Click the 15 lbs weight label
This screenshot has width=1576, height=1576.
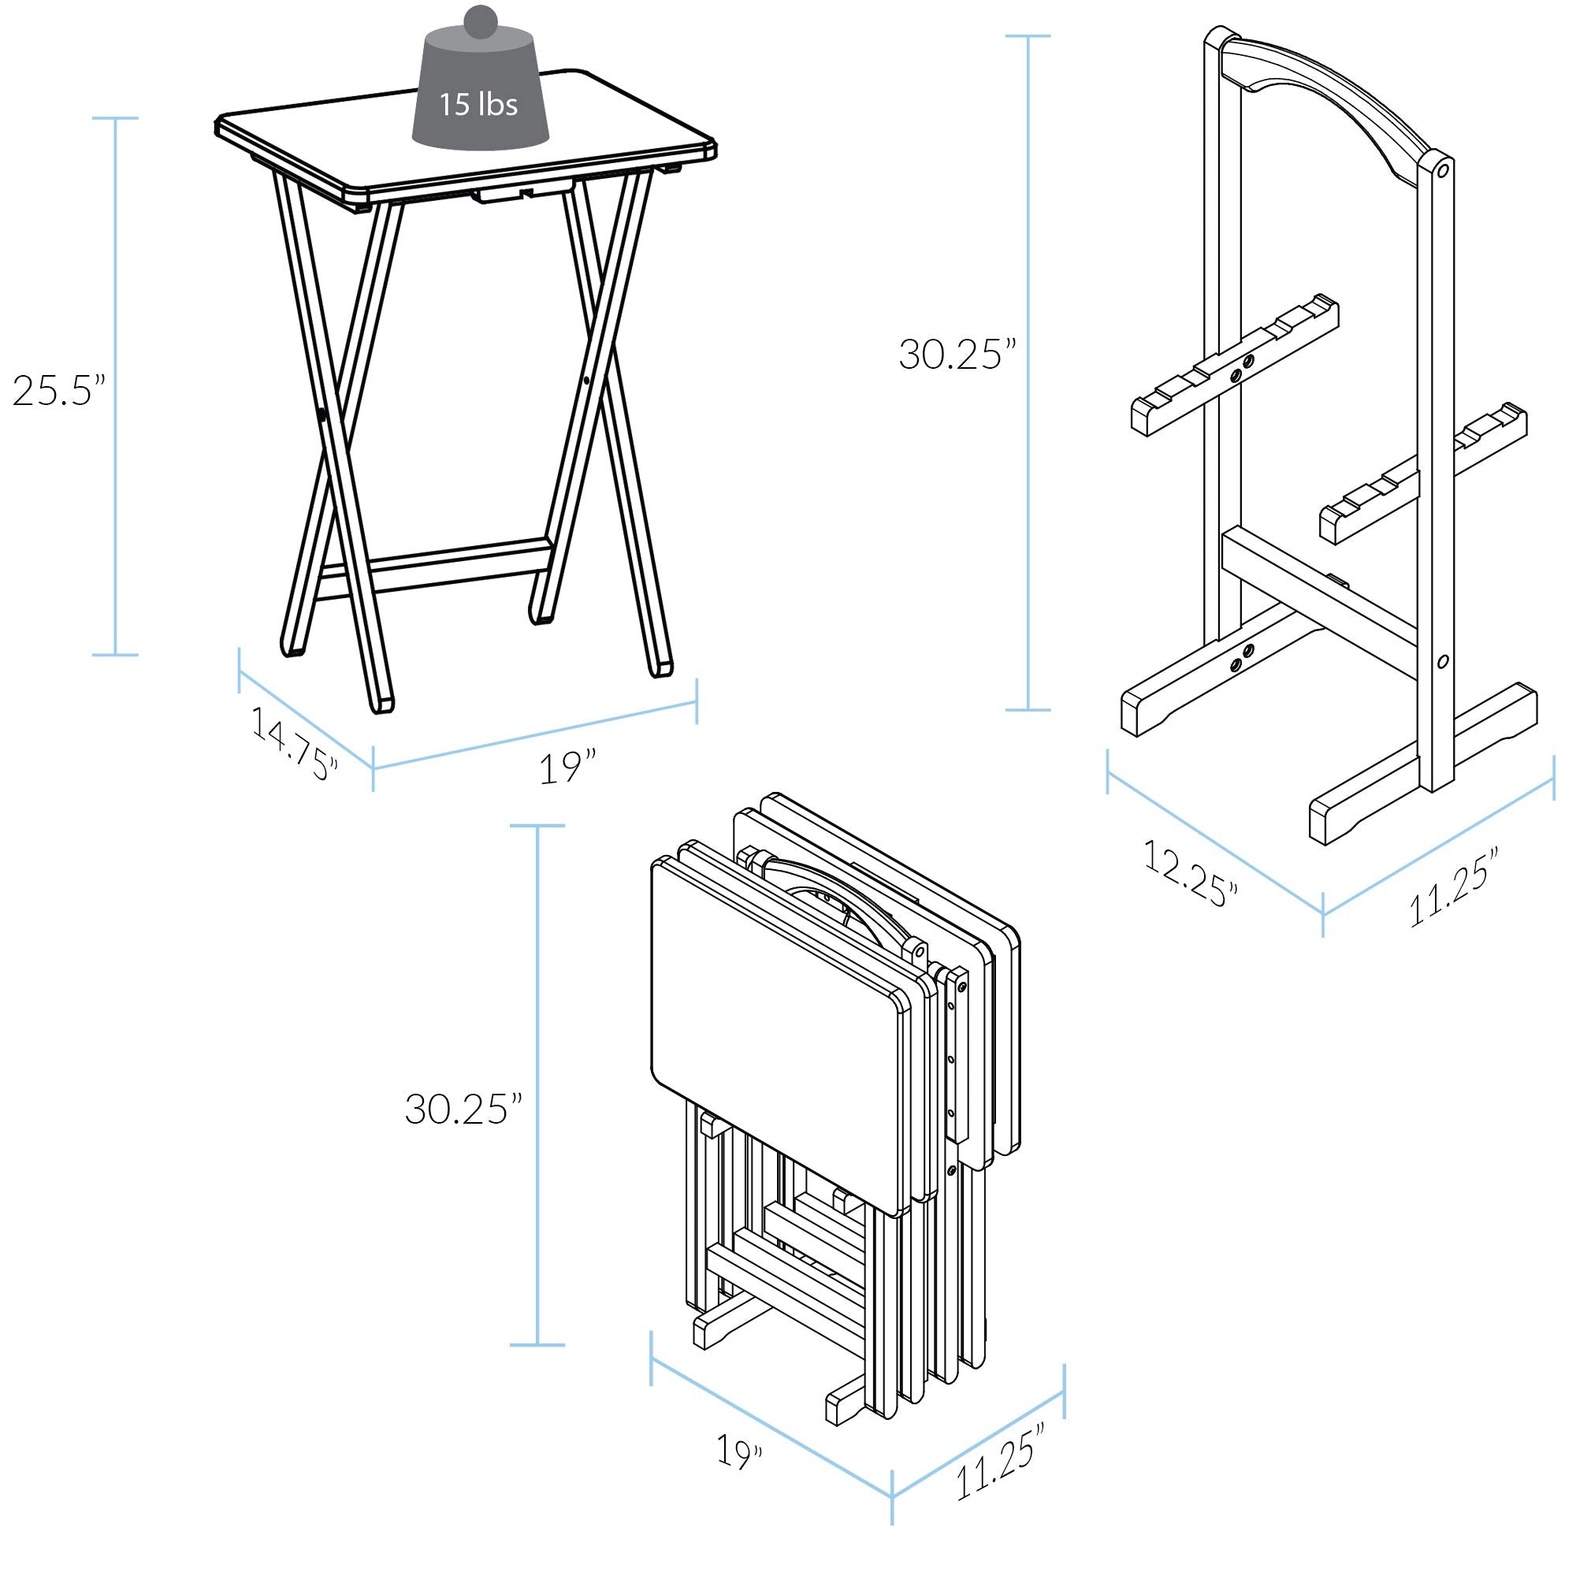(x=478, y=105)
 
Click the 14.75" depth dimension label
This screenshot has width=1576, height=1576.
(x=294, y=743)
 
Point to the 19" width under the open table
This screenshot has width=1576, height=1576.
(x=567, y=768)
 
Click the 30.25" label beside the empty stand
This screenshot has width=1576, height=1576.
(x=957, y=355)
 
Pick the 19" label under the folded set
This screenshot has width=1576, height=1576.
(x=741, y=1451)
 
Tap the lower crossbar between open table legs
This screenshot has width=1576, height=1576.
(x=433, y=562)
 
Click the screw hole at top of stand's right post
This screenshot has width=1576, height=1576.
(x=1442, y=171)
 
